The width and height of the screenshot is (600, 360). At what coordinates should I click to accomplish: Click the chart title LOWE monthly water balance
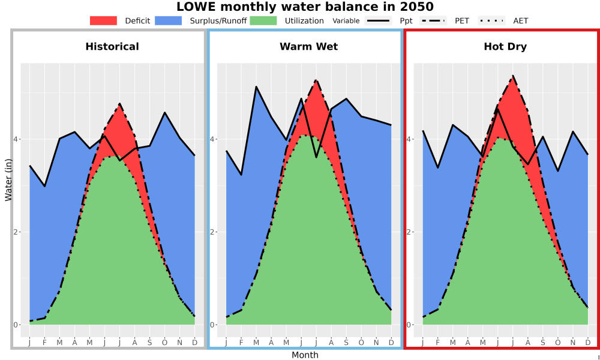tap(305, 7)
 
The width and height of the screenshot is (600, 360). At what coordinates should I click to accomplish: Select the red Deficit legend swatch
tap(103, 20)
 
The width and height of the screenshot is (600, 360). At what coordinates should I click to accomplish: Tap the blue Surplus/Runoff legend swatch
tap(169, 20)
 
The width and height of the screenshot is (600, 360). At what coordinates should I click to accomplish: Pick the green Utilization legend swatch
tap(263, 20)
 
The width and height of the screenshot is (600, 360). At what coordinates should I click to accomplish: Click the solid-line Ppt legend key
tap(378, 20)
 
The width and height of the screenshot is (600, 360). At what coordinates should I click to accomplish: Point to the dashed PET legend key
tap(433, 20)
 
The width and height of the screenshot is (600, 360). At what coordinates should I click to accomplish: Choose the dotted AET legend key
tap(492, 20)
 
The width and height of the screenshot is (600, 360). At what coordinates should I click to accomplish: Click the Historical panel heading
tap(112, 47)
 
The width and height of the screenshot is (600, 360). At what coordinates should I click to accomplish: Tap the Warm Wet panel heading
tap(309, 47)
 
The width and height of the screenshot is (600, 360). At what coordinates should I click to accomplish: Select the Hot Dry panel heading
tap(505, 47)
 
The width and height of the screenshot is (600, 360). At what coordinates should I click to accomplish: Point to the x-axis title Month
tap(305, 355)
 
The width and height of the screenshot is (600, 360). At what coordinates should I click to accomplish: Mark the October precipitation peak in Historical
tap(164, 112)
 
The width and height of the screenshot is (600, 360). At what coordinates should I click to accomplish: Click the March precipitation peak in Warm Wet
tap(256, 87)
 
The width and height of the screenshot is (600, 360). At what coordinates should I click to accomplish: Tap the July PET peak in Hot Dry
tap(512, 76)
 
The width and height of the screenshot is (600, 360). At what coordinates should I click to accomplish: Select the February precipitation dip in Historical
tap(45, 187)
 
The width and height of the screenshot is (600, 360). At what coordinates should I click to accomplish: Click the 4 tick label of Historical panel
tap(17, 139)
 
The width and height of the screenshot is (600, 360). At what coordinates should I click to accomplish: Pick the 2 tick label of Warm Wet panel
tap(213, 232)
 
